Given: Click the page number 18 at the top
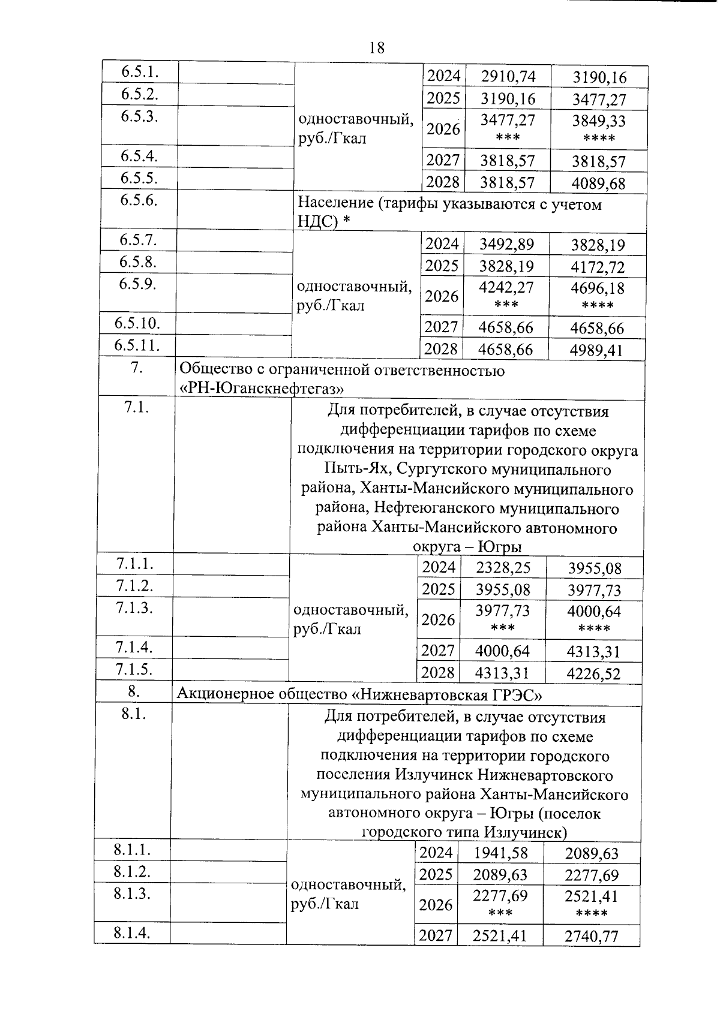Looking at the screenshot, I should pyautogui.click(x=377, y=47).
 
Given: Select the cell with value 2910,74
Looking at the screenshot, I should pyautogui.click(x=508, y=76).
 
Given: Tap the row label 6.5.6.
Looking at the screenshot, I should pyautogui.click(x=139, y=200).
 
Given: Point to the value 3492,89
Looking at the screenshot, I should pyautogui.click(x=506, y=244).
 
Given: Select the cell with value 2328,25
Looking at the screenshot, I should pyautogui.click(x=503, y=567).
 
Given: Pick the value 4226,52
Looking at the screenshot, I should pyautogui.click(x=594, y=674).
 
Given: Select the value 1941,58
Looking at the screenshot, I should pyautogui.click(x=500, y=852).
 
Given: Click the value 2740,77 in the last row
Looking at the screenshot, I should pyautogui.click(x=591, y=936).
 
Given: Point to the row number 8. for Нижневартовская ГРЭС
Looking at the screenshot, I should pyautogui.click(x=134, y=691).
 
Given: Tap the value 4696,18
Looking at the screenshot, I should pyautogui.click(x=597, y=288).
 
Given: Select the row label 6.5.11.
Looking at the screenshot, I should pyautogui.click(x=137, y=345).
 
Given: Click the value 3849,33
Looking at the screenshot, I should pyautogui.click(x=598, y=121).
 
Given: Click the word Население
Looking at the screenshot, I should pyautogui.click(x=336, y=204).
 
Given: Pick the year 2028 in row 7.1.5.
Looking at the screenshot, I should pyautogui.click(x=437, y=672).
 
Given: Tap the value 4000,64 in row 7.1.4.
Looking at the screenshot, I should pyautogui.click(x=502, y=651).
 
